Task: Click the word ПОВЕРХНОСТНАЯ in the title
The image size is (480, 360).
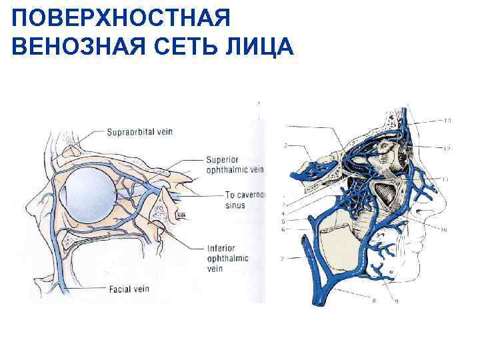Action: coord(121,18)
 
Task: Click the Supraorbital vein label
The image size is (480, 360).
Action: coord(139,131)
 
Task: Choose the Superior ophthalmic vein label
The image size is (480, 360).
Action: coord(233,165)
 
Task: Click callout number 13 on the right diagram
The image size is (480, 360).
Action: coord(447,121)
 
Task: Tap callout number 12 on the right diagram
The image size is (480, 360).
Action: coord(447,148)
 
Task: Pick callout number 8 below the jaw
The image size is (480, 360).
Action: coord(373,301)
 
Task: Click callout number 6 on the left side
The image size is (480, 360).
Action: coord(285,229)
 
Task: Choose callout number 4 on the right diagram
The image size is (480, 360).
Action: coord(285,213)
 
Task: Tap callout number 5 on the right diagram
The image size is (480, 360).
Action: coord(285,221)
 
